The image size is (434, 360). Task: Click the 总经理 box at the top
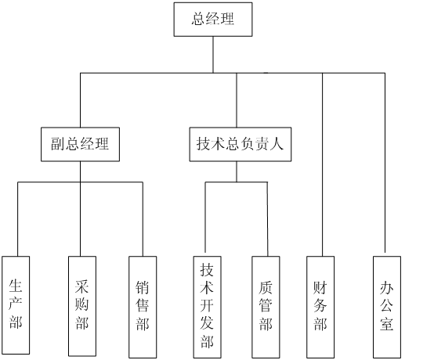point(213,20)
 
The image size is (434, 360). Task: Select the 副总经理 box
point(80,144)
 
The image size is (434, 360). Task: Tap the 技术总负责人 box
point(241,144)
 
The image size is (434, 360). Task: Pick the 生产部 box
point(16,305)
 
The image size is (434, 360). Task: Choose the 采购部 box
point(82,306)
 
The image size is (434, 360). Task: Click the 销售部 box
point(143,307)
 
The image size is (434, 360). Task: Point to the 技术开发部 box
point(207,307)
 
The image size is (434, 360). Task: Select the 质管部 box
point(266,307)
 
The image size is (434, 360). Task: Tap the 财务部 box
point(320,307)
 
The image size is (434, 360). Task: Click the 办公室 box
point(387,307)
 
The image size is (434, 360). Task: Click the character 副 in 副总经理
point(58,144)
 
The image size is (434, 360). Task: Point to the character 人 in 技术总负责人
point(277,144)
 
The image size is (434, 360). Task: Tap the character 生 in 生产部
point(16,286)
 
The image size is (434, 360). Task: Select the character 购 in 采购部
point(82,305)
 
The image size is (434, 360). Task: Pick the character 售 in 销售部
point(143,305)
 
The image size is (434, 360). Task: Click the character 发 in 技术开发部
point(207,323)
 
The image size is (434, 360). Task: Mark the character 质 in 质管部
point(266,287)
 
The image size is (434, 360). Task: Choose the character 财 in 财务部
point(320,287)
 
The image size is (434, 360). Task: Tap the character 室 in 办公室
point(387,323)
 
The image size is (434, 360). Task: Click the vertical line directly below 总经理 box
point(213,55)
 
